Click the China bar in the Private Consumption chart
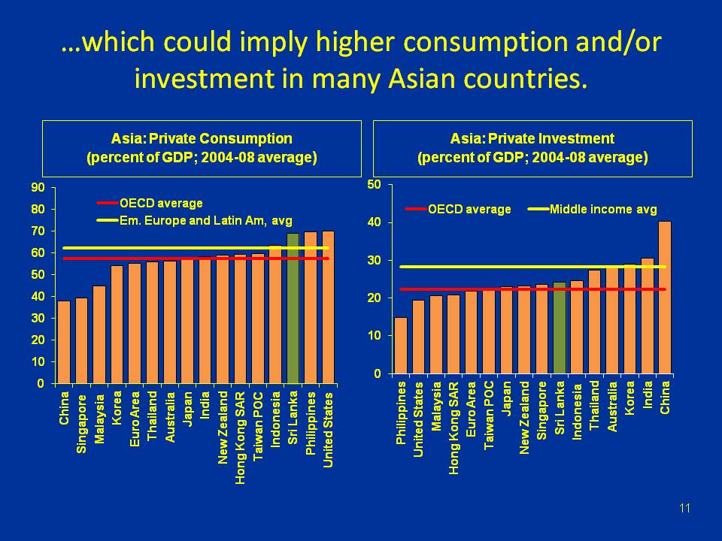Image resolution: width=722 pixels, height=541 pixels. tap(64, 342)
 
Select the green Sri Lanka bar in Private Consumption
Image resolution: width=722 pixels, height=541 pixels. tap(293, 308)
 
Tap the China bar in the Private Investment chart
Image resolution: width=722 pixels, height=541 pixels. tap(664, 298)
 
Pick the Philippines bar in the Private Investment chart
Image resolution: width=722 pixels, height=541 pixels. tap(401, 346)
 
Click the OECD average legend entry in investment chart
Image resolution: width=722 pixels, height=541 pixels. tap(459, 209)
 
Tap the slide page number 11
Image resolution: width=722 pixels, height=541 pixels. tap(684, 509)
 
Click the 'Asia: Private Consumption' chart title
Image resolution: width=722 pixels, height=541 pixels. tap(202, 139)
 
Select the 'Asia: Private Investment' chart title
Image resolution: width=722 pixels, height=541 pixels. tap(532, 139)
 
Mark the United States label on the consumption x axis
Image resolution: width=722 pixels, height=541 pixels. tap(328, 429)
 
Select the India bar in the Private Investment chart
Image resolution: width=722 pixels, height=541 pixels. tap(647, 316)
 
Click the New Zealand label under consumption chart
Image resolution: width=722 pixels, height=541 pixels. tap(223, 427)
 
